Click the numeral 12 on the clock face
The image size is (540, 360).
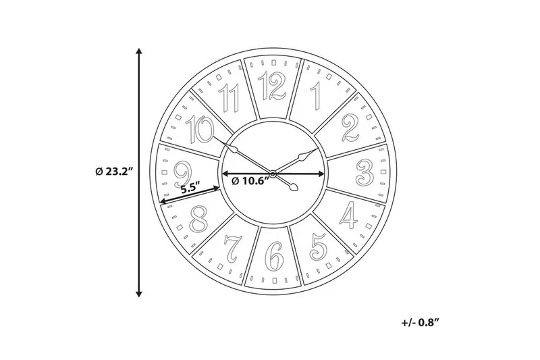click(273, 86)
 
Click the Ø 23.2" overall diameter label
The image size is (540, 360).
click(113, 172)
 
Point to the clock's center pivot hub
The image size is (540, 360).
click(273, 174)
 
